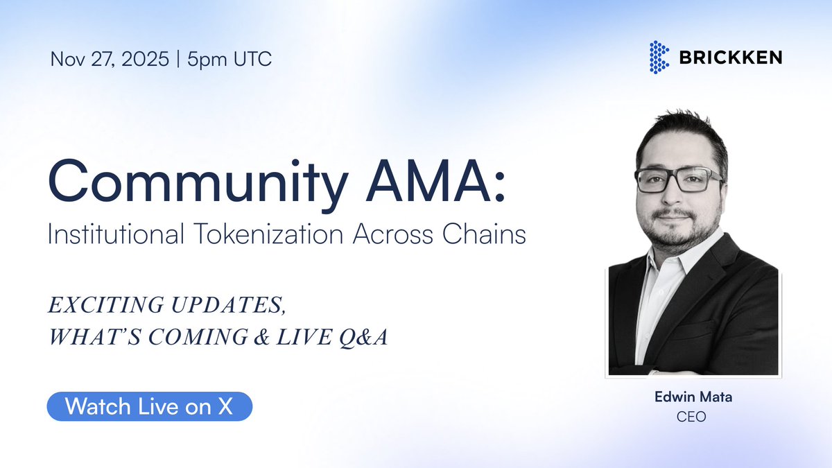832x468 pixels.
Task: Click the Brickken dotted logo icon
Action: (x=659, y=58)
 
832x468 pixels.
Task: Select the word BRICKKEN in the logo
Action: (x=731, y=58)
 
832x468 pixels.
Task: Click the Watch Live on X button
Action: (x=149, y=407)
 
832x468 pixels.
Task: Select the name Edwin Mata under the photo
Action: (x=691, y=397)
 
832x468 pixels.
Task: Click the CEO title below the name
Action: (x=691, y=417)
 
